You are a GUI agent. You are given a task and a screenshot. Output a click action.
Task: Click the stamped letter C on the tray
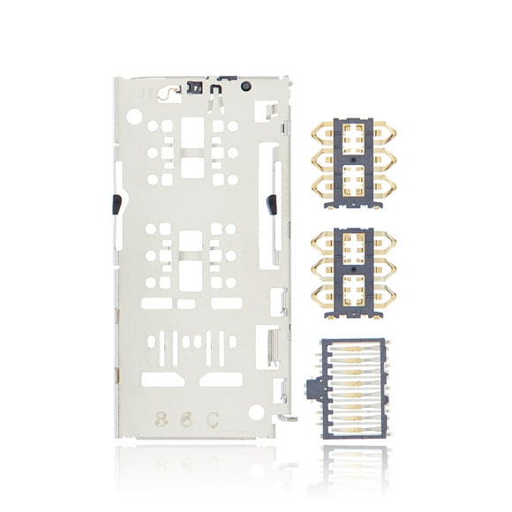click(x=214, y=417)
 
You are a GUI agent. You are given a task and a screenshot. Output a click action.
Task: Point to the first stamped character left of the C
click(x=186, y=417)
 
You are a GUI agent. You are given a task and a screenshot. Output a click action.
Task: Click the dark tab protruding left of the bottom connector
click(x=309, y=387)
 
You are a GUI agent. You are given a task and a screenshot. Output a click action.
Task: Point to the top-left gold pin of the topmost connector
click(x=320, y=132)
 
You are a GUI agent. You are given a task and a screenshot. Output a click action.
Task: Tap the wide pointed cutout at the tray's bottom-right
click(x=221, y=379)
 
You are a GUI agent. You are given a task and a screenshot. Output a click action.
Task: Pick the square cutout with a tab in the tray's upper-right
click(x=263, y=110)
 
